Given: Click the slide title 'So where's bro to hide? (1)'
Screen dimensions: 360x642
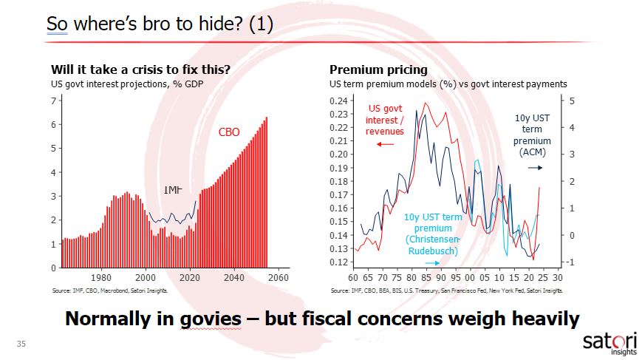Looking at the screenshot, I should click(x=160, y=24).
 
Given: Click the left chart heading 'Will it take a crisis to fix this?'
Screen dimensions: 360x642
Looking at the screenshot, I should click(x=140, y=70).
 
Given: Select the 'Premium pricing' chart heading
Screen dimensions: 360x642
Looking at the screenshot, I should click(x=378, y=70).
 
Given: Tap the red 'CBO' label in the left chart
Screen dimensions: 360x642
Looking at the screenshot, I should click(x=229, y=133).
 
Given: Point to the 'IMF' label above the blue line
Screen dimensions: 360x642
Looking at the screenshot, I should click(x=173, y=191).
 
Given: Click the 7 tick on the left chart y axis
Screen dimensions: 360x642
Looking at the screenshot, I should click(x=52, y=101).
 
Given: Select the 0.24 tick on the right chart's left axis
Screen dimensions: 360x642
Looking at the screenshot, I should click(x=338, y=101).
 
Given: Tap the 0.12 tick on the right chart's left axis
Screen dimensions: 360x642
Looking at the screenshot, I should click(x=338, y=262).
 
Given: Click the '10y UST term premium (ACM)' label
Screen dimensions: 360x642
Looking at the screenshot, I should click(x=533, y=135).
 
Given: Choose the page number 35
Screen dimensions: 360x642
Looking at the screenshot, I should click(x=21, y=344).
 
